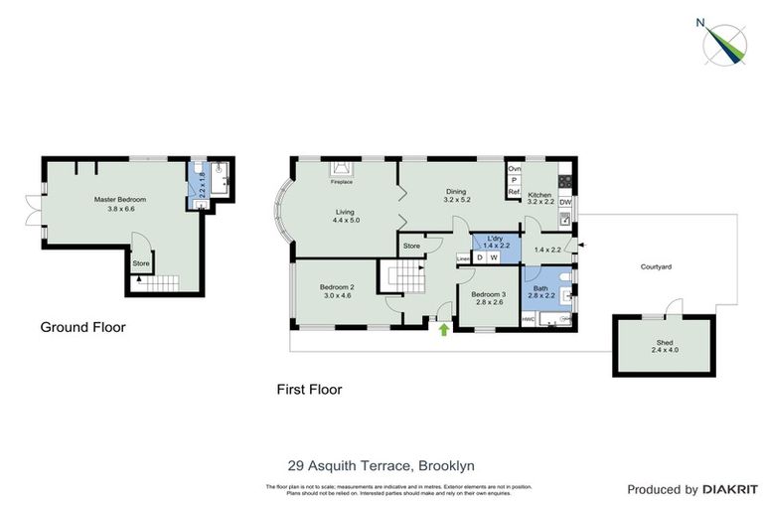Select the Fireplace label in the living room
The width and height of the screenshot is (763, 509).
click(342, 183)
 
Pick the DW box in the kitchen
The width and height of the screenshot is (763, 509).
click(565, 204)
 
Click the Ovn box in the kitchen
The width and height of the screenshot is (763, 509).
click(515, 169)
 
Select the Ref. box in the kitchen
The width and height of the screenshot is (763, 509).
click(515, 192)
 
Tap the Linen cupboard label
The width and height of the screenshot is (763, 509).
click(462, 258)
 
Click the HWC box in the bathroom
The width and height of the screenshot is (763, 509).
click(529, 319)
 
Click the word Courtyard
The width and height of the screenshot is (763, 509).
click(657, 266)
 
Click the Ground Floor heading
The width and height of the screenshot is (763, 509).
click(82, 327)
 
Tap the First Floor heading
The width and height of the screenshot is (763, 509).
click(309, 390)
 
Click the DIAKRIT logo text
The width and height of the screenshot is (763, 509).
click(730, 489)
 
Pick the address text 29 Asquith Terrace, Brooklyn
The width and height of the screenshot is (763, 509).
click(381, 465)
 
